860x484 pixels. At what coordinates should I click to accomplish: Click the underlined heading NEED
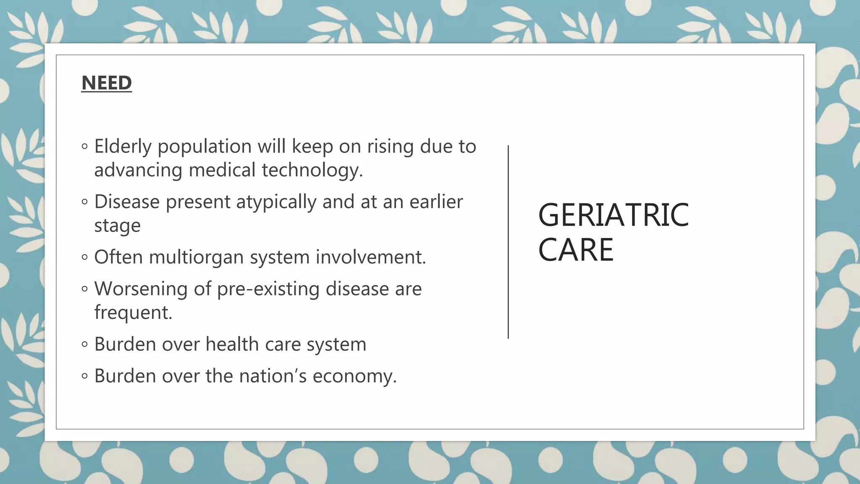[107, 83]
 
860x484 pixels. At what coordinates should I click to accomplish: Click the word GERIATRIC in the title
[613, 215]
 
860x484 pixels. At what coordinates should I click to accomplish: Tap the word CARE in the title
[576, 250]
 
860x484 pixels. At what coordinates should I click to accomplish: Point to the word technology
[312, 170]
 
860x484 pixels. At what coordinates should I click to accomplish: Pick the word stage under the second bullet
[117, 226]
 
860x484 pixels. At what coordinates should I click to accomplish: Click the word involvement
[371, 257]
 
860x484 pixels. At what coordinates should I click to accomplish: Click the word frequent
[133, 313]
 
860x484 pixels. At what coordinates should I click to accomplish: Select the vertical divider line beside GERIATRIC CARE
[508, 242]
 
